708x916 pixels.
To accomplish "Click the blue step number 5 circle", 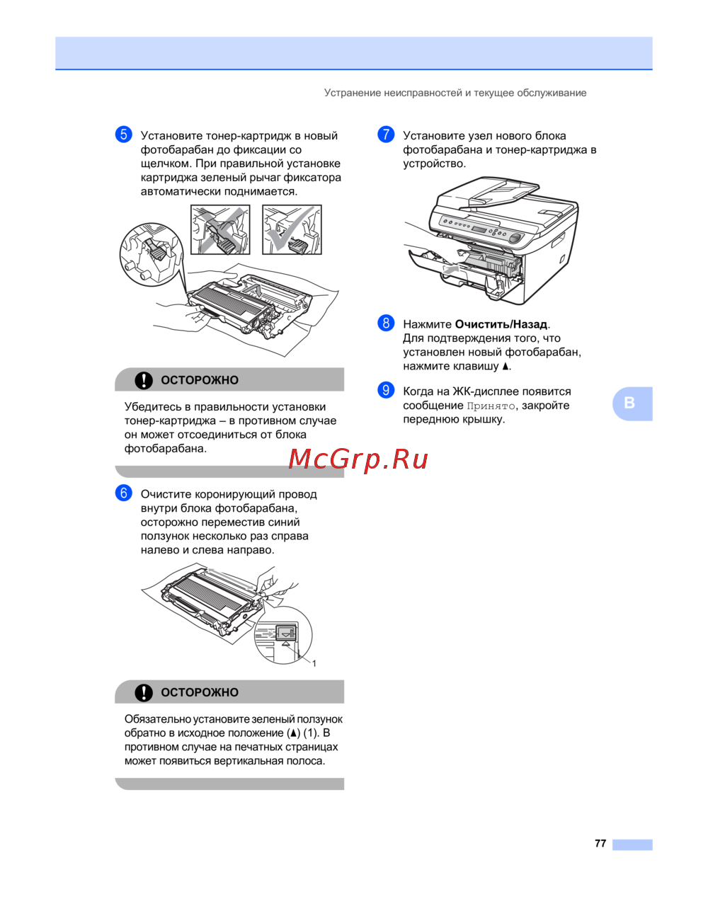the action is [x=123, y=134].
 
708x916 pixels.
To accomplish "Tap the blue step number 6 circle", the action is [x=123, y=493].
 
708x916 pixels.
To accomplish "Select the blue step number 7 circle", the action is [x=386, y=134].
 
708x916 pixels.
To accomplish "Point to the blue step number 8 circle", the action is [x=386, y=323].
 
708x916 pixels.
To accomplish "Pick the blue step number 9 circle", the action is [x=386, y=390].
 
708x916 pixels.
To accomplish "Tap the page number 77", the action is [x=600, y=844].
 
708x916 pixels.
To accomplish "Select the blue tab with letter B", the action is [x=632, y=403].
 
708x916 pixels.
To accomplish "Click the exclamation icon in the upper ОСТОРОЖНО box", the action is [x=144, y=380].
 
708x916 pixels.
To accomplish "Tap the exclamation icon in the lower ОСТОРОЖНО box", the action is [x=144, y=692].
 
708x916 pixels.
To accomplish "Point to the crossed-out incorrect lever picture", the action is [x=220, y=230].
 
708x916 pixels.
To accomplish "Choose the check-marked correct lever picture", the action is [x=292, y=230].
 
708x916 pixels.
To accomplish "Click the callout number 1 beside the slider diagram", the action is [x=314, y=663].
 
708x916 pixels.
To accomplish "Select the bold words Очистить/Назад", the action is [x=501, y=324].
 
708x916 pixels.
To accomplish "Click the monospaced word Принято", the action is [x=491, y=406].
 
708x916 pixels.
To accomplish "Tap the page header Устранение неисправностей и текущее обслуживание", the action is [x=455, y=93].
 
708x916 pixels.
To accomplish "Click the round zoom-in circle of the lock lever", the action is [x=152, y=255].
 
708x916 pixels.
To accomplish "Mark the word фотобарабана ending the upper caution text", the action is [x=166, y=448].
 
